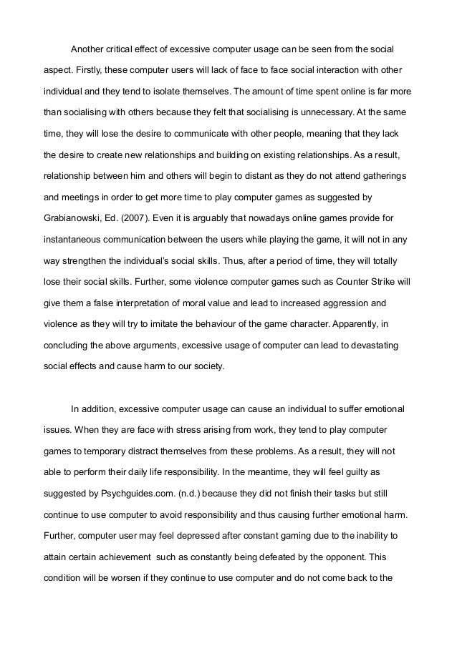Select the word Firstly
click(87, 72)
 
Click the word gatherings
click(373, 175)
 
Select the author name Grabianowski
click(70, 216)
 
